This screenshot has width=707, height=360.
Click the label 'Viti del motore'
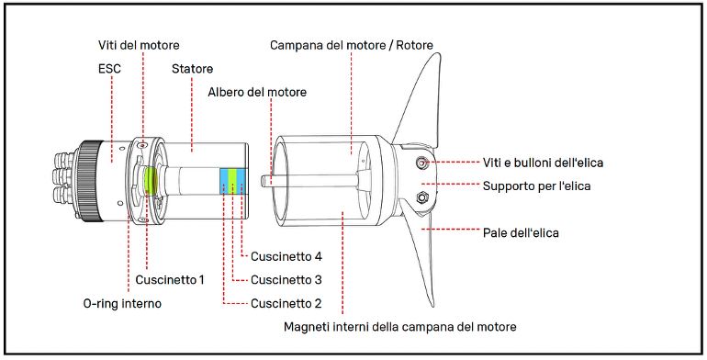[139, 46]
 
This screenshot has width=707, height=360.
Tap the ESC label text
[109, 69]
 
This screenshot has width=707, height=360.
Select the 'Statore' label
[192, 69]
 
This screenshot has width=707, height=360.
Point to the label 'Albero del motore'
[257, 92]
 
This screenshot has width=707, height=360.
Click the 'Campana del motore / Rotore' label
[352, 46]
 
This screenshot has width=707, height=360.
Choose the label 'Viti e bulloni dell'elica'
[543, 163]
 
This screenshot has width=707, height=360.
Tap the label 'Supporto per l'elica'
[536, 186]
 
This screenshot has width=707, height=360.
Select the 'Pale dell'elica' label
[521, 232]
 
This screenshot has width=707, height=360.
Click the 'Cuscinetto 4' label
[286, 256]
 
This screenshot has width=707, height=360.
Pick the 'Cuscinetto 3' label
[286, 280]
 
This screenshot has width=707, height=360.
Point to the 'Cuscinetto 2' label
[286, 303]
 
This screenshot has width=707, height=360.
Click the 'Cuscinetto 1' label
[170, 280]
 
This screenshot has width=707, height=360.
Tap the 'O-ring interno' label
[122, 303]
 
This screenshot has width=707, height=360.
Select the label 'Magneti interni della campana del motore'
[400, 327]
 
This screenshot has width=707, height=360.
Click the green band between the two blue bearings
[232, 182]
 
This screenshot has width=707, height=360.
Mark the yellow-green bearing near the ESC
[150, 180]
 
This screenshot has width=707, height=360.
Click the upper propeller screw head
[421, 163]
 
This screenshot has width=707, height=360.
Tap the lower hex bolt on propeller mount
[422, 197]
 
